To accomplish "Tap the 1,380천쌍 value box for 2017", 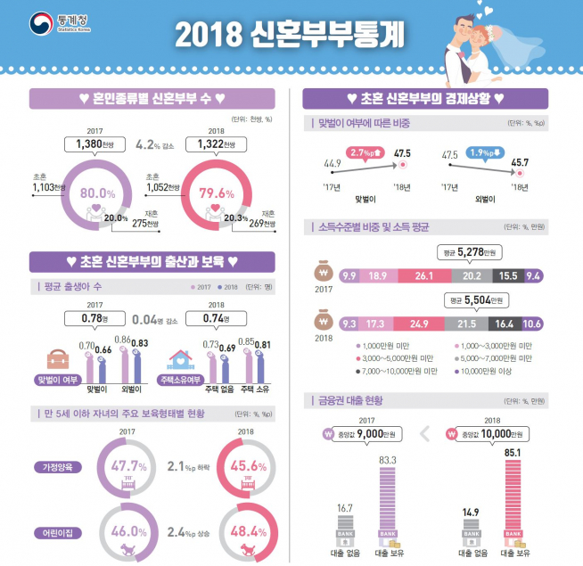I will [94, 143].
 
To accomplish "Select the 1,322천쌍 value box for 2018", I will [213, 143].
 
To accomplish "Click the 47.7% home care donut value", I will [130, 465].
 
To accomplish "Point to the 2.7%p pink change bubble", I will [365, 152].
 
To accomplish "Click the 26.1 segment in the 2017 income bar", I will [423, 276].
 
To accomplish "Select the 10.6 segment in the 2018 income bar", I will [532, 324].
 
